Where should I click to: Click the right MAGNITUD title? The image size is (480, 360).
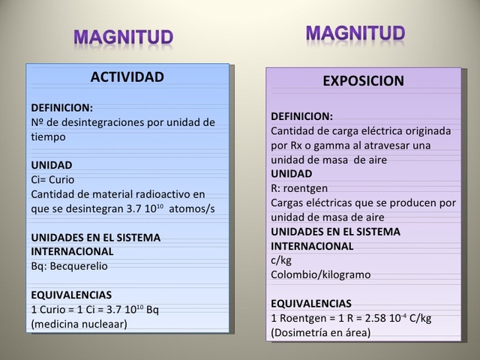355,33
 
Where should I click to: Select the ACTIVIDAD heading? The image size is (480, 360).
127,77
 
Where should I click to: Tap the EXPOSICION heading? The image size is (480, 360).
363,81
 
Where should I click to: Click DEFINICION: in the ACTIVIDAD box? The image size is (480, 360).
62,107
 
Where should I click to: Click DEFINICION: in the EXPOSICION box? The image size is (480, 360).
301,116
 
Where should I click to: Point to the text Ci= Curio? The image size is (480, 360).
52,179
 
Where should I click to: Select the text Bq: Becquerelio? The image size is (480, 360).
68,265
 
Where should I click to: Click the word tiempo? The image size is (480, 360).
48,136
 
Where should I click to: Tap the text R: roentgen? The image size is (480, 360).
299,188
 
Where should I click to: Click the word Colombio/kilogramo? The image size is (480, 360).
320,274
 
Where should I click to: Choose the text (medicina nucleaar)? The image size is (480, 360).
79,323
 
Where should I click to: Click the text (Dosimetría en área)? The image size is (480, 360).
320,331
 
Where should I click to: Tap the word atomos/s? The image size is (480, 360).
192,208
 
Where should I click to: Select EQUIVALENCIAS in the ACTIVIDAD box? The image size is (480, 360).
71,295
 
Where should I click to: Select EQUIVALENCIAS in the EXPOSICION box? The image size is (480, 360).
310,304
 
